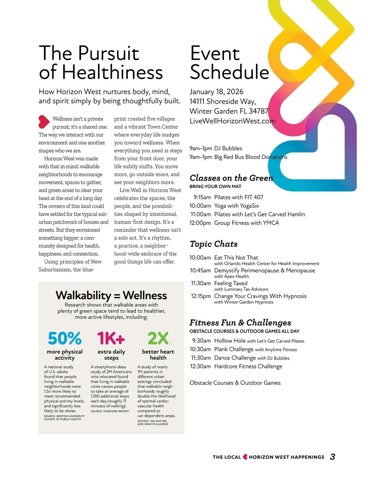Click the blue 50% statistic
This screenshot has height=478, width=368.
pyautogui.click(x=65, y=338)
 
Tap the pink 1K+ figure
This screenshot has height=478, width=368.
pyautogui.click(x=111, y=338)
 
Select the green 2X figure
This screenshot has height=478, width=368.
pyautogui.click(x=158, y=338)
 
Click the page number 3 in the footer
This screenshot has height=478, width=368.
pyautogui.click(x=332, y=457)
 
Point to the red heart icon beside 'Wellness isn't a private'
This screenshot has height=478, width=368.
pyautogui.click(x=44, y=122)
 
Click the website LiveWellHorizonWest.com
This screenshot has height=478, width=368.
pyautogui.click(x=232, y=121)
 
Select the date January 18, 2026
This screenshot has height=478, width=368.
pyautogui.click(x=217, y=92)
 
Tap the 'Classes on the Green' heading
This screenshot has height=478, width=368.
pyautogui.click(x=231, y=178)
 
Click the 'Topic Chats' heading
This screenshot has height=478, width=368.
pyautogui.click(x=214, y=244)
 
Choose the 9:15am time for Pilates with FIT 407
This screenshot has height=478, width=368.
pyautogui.click(x=202, y=197)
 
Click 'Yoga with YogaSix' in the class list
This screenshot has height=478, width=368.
pyautogui.click(x=236, y=206)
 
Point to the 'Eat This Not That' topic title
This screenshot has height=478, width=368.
pyautogui.click(x=236, y=258)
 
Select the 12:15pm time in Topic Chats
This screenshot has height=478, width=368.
pyautogui.click(x=201, y=296)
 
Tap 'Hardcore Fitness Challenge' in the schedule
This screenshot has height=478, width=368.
pyautogui.click(x=248, y=366)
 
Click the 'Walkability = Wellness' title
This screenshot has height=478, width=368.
pyautogui.click(x=111, y=295)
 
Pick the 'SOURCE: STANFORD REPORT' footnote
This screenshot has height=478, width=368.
pyautogui.click(x=110, y=411)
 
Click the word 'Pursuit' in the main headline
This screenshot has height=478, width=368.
pyautogui.click(x=109, y=53)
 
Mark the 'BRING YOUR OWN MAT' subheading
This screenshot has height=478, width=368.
pyautogui.click(x=215, y=187)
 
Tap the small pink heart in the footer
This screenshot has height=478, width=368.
pyautogui.click(x=245, y=457)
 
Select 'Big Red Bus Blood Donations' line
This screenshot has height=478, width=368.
pyautogui.click(x=251, y=157)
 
